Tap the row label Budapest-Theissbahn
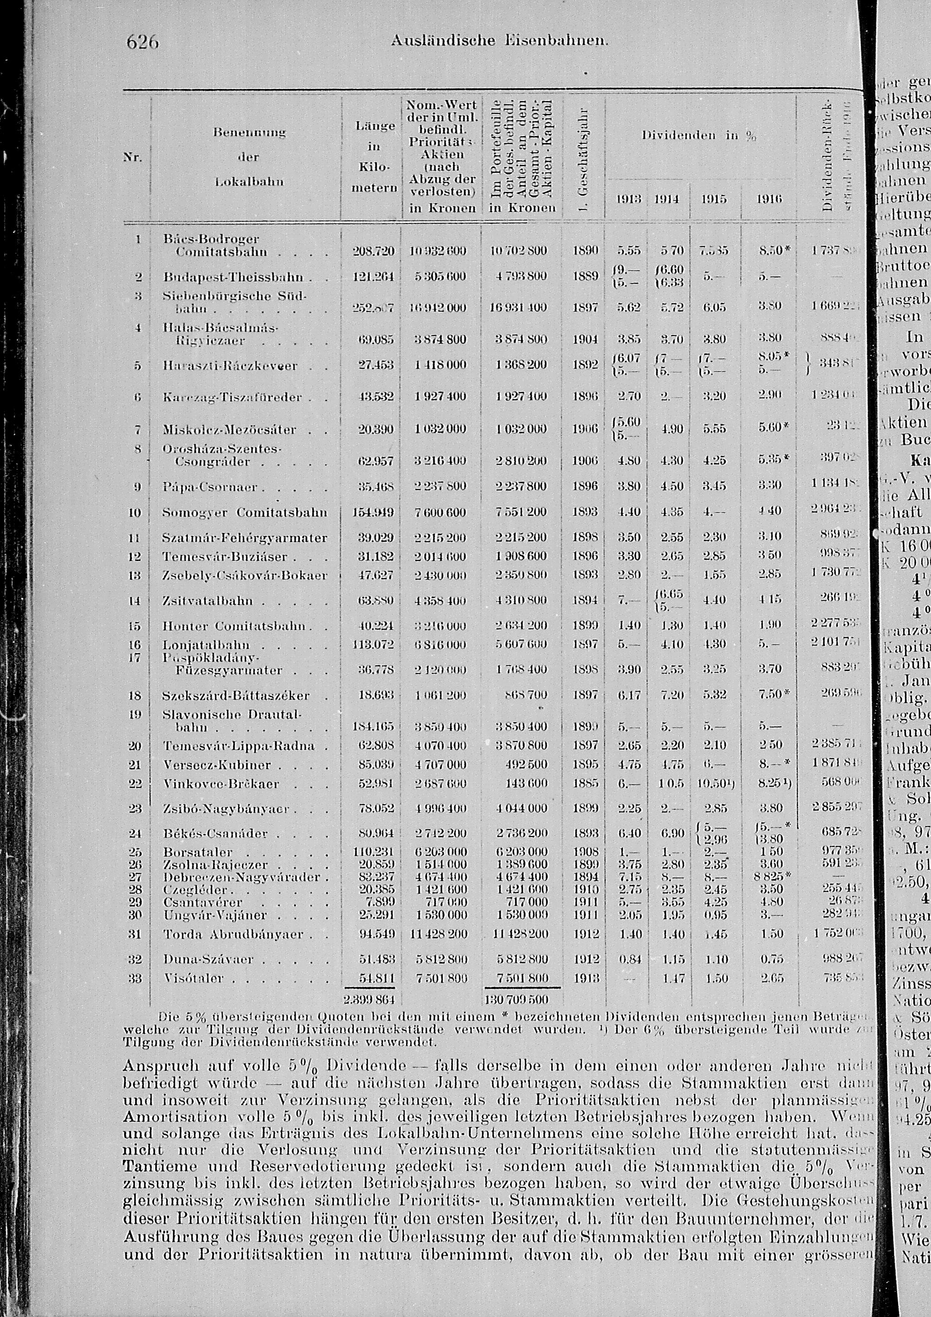pos(225,277)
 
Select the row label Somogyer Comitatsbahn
pos(245,512)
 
